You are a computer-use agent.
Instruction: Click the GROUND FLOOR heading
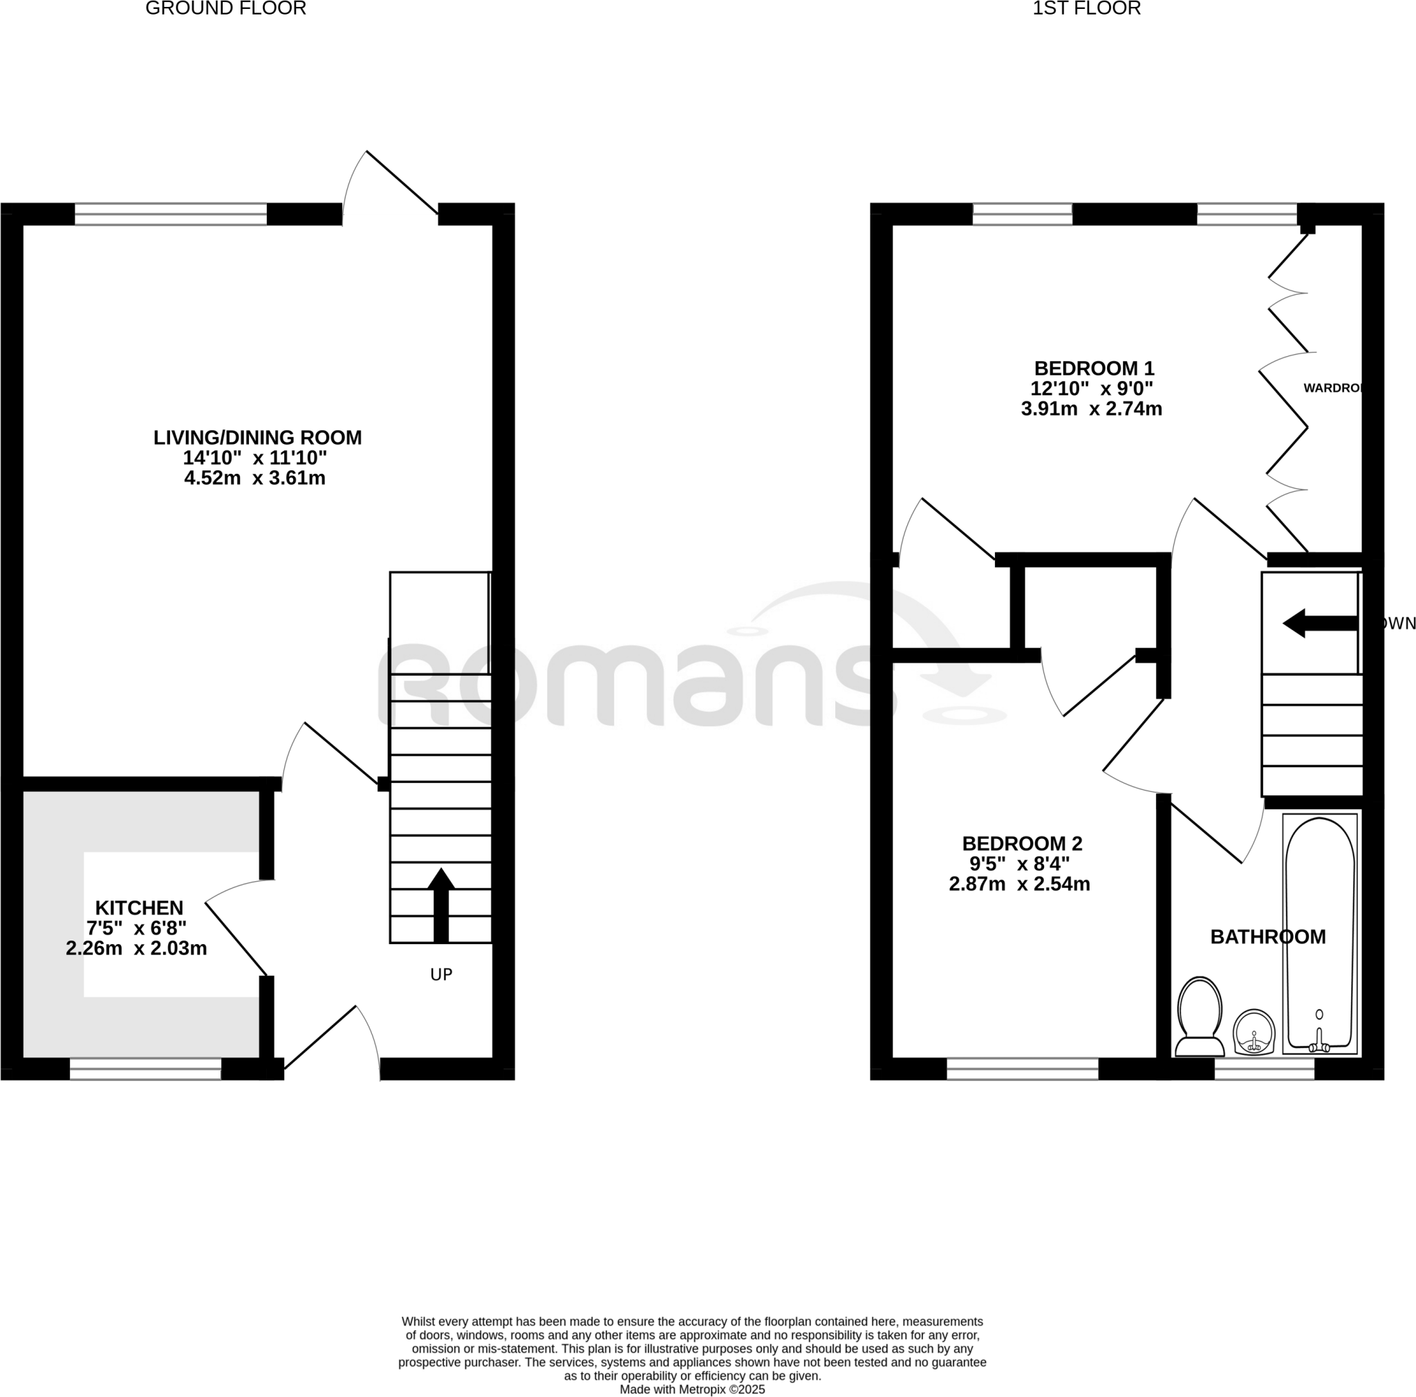pyautogui.click(x=225, y=9)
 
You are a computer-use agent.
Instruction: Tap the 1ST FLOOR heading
pyautogui.click(x=1086, y=9)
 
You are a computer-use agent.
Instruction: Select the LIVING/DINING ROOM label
pyautogui.click(x=257, y=438)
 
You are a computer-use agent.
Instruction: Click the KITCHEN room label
pyautogui.click(x=139, y=908)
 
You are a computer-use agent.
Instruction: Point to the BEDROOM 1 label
pyautogui.click(x=1094, y=368)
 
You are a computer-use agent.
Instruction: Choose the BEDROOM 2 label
pyautogui.click(x=1022, y=844)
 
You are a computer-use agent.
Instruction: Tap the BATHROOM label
pyautogui.click(x=1267, y=936)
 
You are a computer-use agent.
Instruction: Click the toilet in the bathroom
pyautogui.click(x=1199, y=1016)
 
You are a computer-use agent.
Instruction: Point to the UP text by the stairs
pyautogui.click(x=441, y=974)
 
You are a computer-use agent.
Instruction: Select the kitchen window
pyautogui.click(x=145, y=1068)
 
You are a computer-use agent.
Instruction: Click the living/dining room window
pyautogui.click(x=171, y=214)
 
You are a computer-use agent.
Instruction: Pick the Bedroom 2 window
pyautogui.click(x=1022, y=1068)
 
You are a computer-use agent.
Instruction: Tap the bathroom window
pyautogui.click(x=1264, y=1068)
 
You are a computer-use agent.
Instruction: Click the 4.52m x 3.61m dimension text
pyautogui.click(x=254, y=478)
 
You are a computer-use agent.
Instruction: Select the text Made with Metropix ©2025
pyautogui.click(x=692, y=1389)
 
